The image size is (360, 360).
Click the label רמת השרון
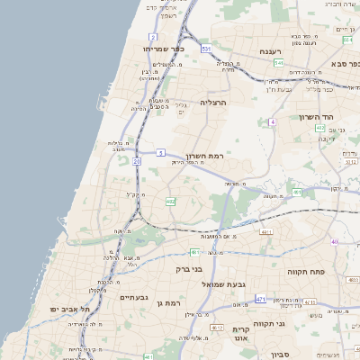[203, 156]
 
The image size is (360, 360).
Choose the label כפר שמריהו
[162, 48]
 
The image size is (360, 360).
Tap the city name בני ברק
[189, 269]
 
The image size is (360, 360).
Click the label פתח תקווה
[306, 270]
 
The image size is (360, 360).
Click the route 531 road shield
[206, 49]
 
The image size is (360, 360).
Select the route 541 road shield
[280, 64]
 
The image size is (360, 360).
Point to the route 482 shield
[171, 202]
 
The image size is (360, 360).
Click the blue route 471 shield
[261, 298]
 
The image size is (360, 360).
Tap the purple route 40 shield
[334, 241]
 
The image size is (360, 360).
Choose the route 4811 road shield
[265, 232]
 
